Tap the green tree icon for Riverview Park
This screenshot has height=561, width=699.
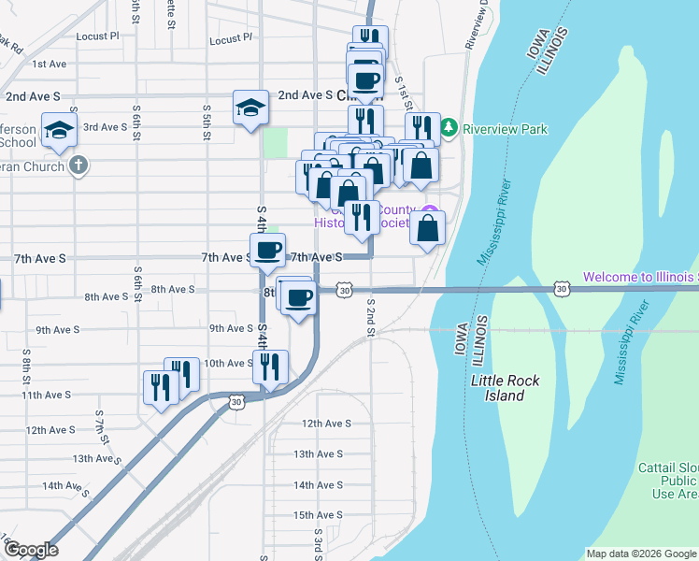[449, 127]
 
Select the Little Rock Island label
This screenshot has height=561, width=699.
[497, 388]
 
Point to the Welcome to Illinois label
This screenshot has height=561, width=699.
[641, 277]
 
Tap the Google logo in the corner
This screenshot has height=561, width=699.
[30, 550]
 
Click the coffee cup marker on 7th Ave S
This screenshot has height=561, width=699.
[268, 251]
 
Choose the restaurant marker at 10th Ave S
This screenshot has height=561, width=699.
[269, 366]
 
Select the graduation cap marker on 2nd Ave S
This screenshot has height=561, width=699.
[251, 107]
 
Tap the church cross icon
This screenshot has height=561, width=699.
[78, 166]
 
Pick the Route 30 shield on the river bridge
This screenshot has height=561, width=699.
[562, 290]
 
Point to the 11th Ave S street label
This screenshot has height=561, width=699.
[47, 396]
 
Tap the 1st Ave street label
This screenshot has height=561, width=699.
[49, 65]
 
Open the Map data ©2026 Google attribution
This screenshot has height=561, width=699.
[641, 554]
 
